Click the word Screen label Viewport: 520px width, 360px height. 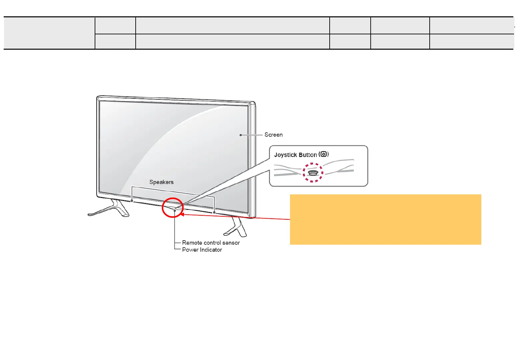(x=273, y=135)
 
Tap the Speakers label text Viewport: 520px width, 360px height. (x=161, y=182)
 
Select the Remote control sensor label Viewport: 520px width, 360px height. (x=211, y=243)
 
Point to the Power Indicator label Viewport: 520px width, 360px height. (x=202, y=250)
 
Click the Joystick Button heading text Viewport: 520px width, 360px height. (x=295, y=155)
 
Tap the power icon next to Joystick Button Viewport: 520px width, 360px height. (x=323, y=154)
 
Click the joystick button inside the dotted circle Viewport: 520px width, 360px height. (x=313, y=173)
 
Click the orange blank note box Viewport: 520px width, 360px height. (x=385, y=219)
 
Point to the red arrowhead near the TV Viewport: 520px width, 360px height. (x=182, y=215)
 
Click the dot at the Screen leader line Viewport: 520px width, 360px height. (x=241, y=135)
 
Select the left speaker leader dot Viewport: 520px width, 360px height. (x=132, y=201)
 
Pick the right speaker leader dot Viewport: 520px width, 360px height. (x=214, y=212)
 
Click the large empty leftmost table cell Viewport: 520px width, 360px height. (x=49, y=33)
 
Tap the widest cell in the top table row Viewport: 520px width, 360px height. (x=232, y=25)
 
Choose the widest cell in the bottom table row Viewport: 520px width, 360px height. (x=232, y=41)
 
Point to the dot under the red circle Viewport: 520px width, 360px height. (x=175, y=210)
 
